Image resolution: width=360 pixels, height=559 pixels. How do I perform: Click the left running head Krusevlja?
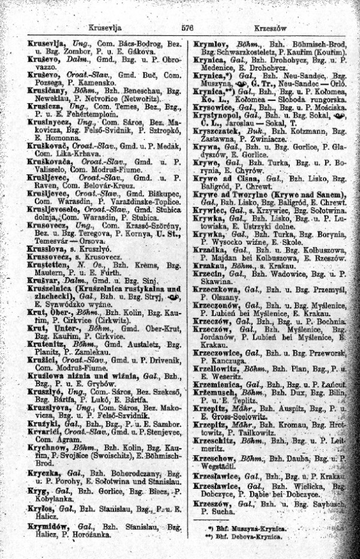point(103,28)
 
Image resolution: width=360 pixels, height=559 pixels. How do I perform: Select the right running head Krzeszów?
point(271,28)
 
